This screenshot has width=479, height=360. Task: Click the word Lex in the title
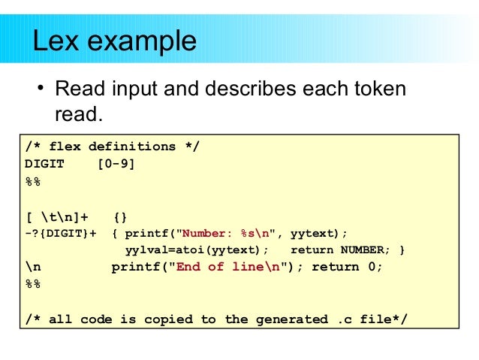click(x=55, y=40)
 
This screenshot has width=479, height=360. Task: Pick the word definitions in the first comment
click(x=133, y=147)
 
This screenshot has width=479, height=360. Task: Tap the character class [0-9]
click(x=116, y=163)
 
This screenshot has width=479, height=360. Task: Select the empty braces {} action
click(x=119, y=216)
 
